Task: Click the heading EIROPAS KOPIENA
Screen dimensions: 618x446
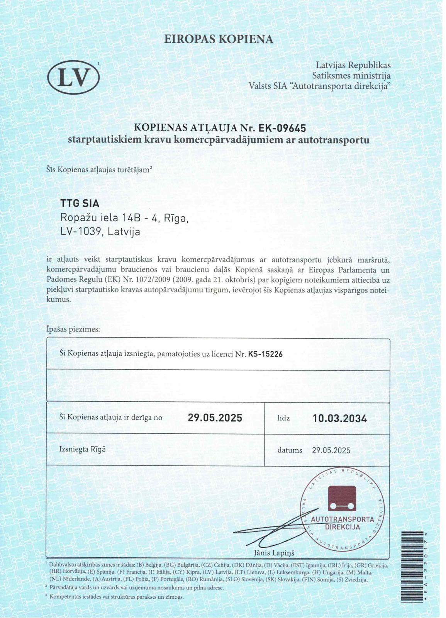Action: pos(219,39)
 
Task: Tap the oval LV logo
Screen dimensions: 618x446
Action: pos(73,78)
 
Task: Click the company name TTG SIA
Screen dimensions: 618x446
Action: pos(80,203)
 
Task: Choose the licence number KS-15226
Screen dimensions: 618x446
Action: pos(265,354)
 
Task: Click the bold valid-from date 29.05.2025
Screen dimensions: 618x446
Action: pos(215,418)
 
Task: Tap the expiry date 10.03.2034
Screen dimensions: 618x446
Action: pos(340,418)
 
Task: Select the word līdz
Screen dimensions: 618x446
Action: pos(283,418)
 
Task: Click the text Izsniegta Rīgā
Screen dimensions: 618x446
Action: pos(82,449)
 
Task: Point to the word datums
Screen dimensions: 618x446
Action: pos(290,450)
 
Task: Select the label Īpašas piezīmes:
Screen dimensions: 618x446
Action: pos(73,329)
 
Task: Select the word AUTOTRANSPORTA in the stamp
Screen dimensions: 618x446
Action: pos(343,520)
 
